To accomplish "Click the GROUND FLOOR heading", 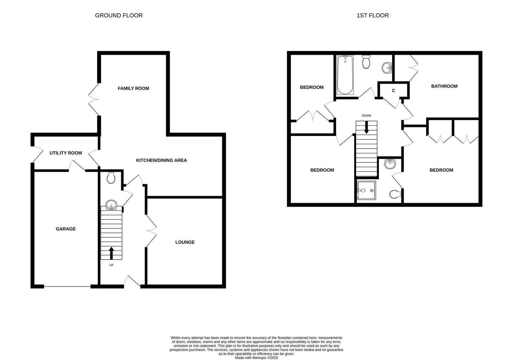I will pos(119,15).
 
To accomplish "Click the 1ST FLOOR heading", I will pos(373,15).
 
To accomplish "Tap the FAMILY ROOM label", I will pos(133,88).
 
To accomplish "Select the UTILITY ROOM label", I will pos(66,153).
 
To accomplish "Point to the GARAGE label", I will pos(66,229).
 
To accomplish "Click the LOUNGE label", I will pos(185,242).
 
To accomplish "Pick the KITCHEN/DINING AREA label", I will pos(161,160).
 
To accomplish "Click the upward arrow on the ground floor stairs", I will pos(112,253).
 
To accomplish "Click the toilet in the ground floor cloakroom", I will pos(111,178).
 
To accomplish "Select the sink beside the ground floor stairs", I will pos(111,204).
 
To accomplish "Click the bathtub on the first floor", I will pos(345,75).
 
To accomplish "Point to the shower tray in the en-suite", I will pos(366,190).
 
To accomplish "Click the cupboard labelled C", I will pos(393,91).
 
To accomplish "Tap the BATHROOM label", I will pos(444,86).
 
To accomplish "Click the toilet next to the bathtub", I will pos(366,62).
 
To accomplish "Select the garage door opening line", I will pos(67,286).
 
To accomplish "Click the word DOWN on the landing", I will pos(366,116).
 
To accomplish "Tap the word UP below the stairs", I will pos(111,265).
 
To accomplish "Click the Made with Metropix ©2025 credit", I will pos(256,357).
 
